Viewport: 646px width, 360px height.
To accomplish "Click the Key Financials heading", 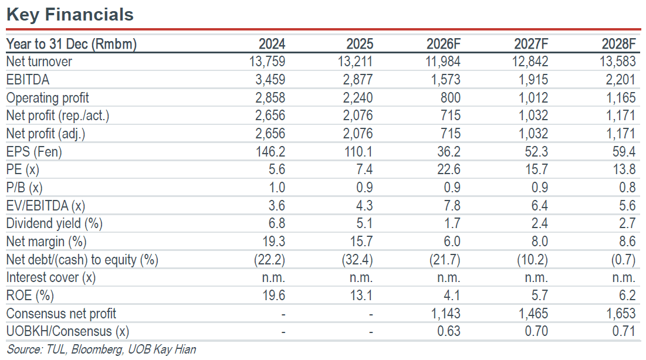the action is coord(70,15).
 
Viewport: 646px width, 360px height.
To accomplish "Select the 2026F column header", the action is coord(444,43).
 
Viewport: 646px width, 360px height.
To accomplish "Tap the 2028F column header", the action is coord(618,43).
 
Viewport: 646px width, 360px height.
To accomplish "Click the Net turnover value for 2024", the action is coord(267,62).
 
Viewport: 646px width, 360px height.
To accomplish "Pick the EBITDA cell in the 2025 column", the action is coord(357,80).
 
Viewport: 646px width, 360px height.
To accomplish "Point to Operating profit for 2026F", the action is coord(450,97).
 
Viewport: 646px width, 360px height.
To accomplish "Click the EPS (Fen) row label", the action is coord(34,152).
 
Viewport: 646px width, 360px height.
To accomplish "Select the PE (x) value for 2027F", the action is coord(536,169).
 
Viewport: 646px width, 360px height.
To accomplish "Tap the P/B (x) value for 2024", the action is coord(277,188).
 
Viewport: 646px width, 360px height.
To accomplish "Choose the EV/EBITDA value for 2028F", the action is coord(627,206).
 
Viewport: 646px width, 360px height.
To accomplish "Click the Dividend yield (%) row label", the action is coord(55,223).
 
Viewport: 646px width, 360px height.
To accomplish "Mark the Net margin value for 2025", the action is coord(361,242).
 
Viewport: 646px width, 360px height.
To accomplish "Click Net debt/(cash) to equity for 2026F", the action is coord(445,260).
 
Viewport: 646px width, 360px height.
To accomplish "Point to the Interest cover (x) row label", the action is coord(51,277).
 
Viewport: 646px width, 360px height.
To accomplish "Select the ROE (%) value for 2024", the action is coord(274,296).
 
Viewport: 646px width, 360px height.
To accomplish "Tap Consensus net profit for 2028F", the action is coord(621,314).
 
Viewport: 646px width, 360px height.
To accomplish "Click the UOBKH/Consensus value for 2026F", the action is coord(449,331).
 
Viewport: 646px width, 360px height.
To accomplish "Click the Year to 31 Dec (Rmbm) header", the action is coord(72,43).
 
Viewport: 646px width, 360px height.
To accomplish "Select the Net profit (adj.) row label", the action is coord(46,134).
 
